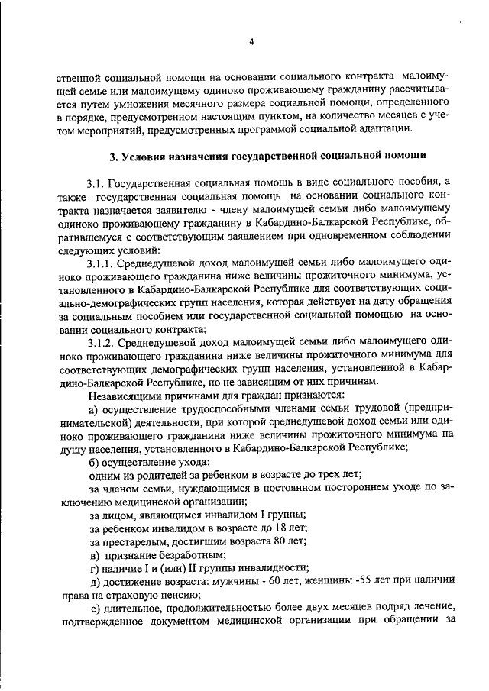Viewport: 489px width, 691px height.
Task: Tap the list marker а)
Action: tap(94, 408)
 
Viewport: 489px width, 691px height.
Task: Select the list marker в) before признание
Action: tap(94, 554)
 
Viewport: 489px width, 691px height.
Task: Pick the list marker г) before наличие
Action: tap(93, 567)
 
